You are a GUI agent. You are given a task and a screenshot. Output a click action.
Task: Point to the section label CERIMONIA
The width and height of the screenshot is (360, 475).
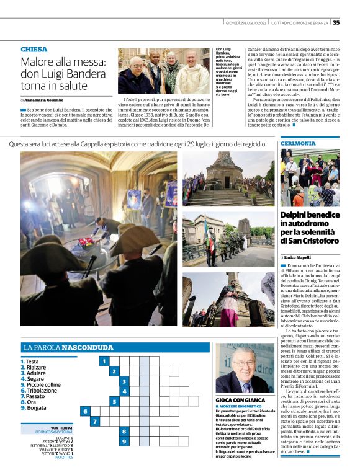(x=299, y=143)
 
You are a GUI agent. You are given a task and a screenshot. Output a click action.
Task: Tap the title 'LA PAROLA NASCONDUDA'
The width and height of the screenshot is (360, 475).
(x=68, y=348)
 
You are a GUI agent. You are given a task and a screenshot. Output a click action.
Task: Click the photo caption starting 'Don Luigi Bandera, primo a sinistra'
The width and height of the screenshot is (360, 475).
(x=228, y=73)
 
